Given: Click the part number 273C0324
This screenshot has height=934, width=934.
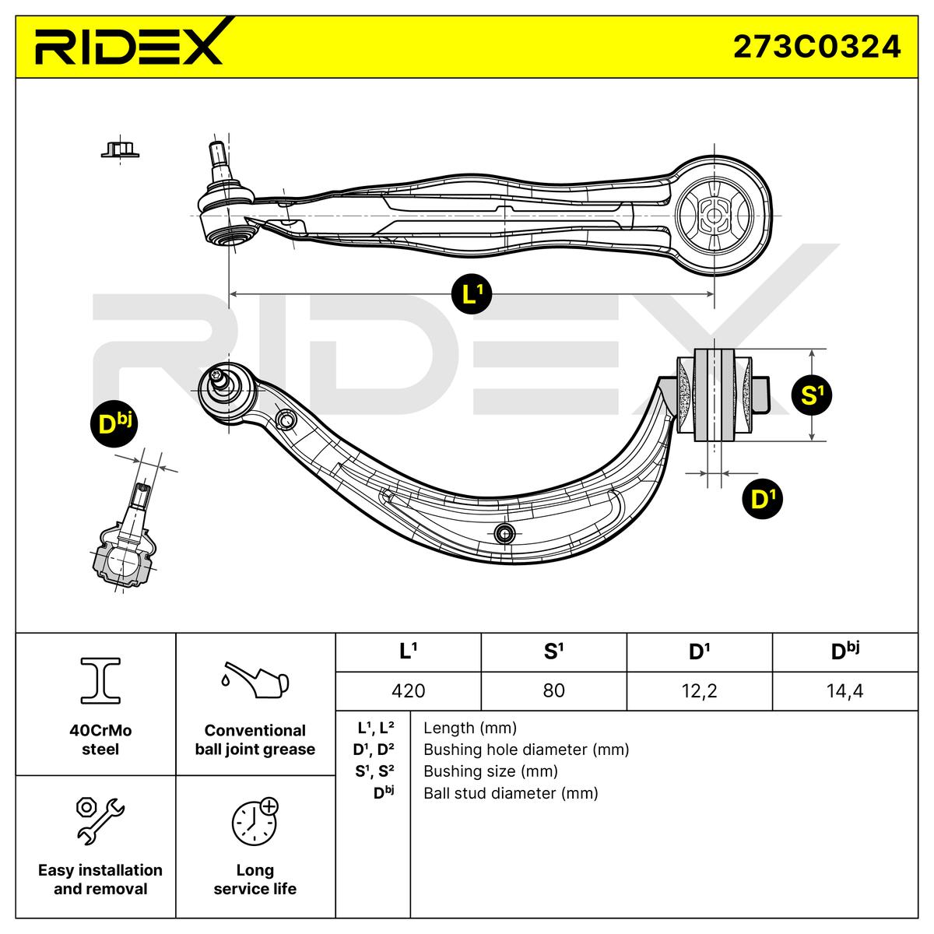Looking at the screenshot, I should [816, 47].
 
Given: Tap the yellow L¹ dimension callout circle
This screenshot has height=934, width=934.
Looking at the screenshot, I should [472, 293].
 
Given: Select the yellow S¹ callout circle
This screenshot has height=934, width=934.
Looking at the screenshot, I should [811, 395].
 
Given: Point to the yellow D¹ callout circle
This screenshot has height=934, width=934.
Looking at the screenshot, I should [763, 500].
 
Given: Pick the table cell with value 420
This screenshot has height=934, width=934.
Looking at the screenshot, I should [409, 690].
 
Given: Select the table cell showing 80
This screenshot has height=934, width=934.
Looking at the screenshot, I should [553, 690].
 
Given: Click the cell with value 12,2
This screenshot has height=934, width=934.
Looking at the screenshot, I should [699, 690].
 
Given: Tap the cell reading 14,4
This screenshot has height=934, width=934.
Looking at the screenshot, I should [844, 690].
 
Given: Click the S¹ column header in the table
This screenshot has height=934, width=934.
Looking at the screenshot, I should [553, 651].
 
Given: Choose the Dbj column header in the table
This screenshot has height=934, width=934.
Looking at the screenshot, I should [844, 651].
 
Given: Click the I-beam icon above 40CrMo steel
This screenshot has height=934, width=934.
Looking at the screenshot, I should [100, 679].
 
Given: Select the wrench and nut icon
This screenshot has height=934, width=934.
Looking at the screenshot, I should [100, 820].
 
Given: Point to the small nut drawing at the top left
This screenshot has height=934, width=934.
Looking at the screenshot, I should [120, 148].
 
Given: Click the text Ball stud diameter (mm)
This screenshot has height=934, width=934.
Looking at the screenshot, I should [511, 793].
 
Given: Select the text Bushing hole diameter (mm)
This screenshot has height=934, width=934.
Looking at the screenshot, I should [525, 750].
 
